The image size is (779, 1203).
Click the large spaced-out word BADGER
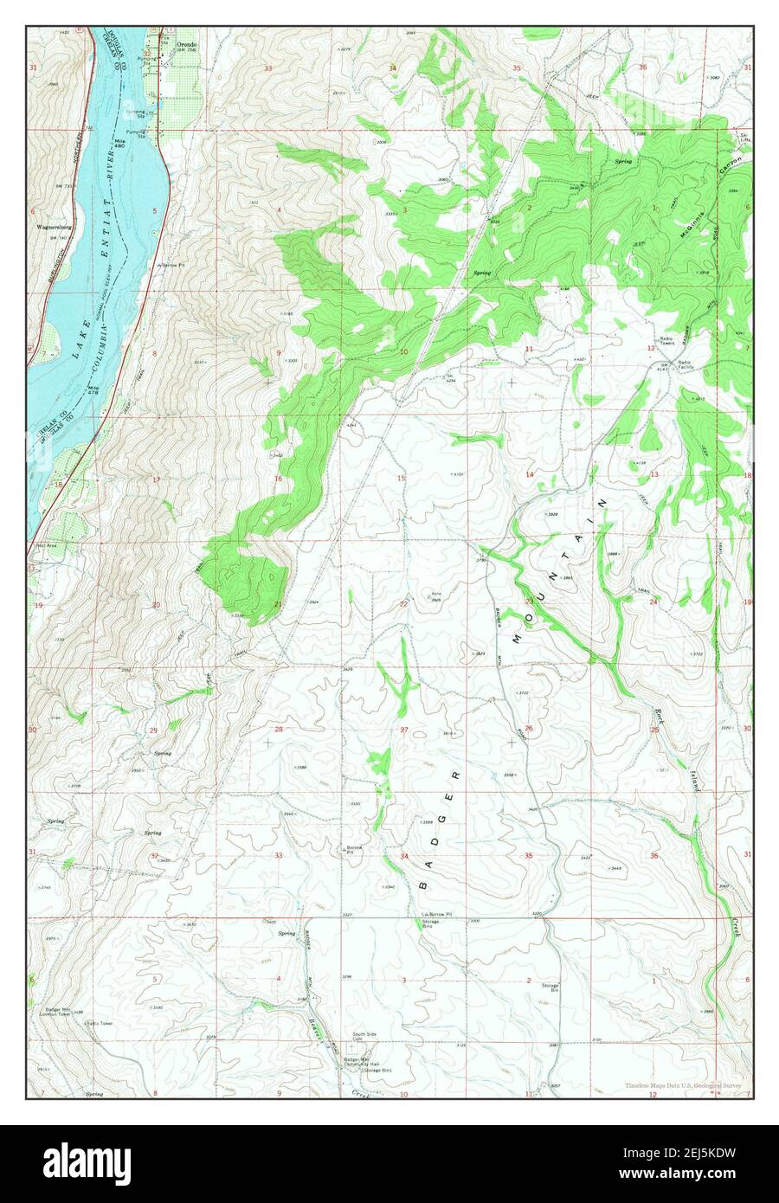(x=440, y=827)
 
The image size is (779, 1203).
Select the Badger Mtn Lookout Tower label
(x=65, y=1010)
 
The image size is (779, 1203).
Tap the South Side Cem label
(x=364, y=1037)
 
